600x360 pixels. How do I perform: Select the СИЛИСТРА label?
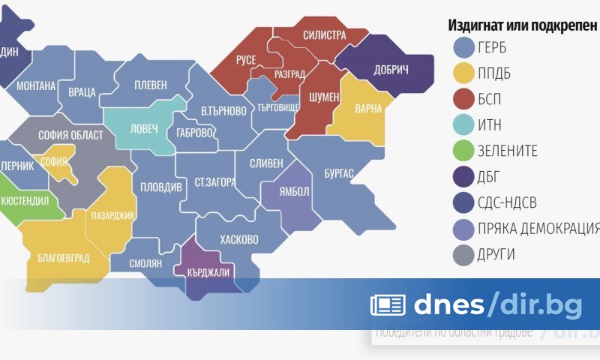tap(324, 35)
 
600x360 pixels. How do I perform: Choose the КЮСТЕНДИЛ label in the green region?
tap(25, 202)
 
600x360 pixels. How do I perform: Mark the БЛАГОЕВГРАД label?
tap(63, 259)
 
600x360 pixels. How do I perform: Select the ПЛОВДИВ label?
tap(160, 187)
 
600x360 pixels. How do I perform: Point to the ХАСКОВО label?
tap(239, 240)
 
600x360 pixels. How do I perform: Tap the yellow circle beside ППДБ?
tap(465, 73)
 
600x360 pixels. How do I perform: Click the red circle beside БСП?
tap(465, 99)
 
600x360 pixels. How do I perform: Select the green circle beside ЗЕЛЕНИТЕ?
tap(465, 151)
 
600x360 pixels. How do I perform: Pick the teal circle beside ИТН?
tap(465, 125)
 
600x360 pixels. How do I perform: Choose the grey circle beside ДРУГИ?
tap(465, 254)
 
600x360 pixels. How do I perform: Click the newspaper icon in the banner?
tap(388, 304)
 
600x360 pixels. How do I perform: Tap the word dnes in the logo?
tap(448, 304)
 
